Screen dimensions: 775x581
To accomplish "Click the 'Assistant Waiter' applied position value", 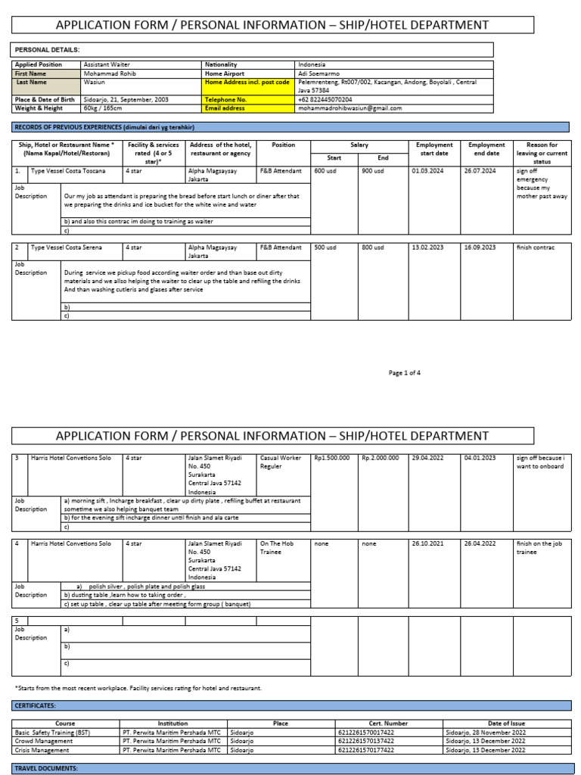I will pyautogui.click(x=106, y=65).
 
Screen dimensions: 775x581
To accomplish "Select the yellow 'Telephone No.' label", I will pyautogui.click(x=225, y=99).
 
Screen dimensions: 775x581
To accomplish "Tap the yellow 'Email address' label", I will pyautogui.click(x=225, y=108).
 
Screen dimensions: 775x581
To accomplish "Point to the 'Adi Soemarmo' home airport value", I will pyautogui.click(x=320, y=74).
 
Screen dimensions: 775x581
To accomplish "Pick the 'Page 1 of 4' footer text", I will pyautogui.click(x=404, y=372).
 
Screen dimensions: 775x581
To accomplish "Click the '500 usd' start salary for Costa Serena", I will pyautogui.click(x=326, y=247).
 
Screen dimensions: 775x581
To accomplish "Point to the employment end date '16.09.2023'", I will pyautogui.click(x=480, y=247).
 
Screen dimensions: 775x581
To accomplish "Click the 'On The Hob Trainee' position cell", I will pyautogui.click(x=277, y=547).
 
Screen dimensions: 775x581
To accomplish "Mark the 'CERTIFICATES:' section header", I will pyautogui.click(x=36, y=705).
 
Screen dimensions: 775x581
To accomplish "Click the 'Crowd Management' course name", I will pyautogui.click(x=44, y=741).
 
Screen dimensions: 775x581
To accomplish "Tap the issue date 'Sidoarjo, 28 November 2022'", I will pyautogui.click(x=485, y=732).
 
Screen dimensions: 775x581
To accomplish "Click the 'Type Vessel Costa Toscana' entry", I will pyautogui.click(x=67, y=171).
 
